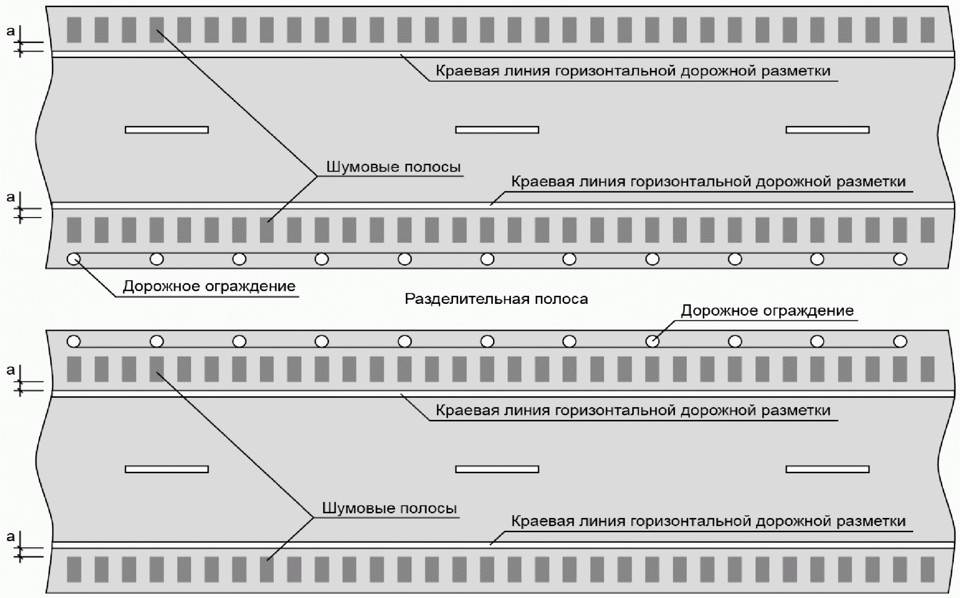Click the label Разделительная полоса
pyautogui.click(x=496, y=299)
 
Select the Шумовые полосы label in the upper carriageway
pyautogui.click(x=393, y=167)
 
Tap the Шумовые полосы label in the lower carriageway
pyautogui.click(x=389, y=508)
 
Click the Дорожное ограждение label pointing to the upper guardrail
pyautogui.click(x=209, y=286)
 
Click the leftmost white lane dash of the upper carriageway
pyautogui.click(x=166, y=130)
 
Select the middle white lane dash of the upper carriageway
pyautogui.click(x=497, y=130)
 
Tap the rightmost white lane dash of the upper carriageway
pyautogui.click(x=827, y=130)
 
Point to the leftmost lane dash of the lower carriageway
pyautogui.click(x=166, y=469)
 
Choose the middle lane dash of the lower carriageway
pyautogui.click(x=497, y=469)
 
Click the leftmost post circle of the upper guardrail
pyautogui.click(x=74, y=259)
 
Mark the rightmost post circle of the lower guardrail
pyautogui.click(x=900, y=341)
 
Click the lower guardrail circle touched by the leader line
pyautogui.click(x=652, y=341)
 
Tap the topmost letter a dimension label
pyautogui.click(x=11, y=31)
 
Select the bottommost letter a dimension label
pyautogui.click(x=11, y=537)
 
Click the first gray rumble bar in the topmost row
pyautogui.click(x=74, y=30)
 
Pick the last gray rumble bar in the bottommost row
pyautogui.click(x=927, y=569)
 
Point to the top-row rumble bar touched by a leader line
pyautogui.click(x=157, y=30)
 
